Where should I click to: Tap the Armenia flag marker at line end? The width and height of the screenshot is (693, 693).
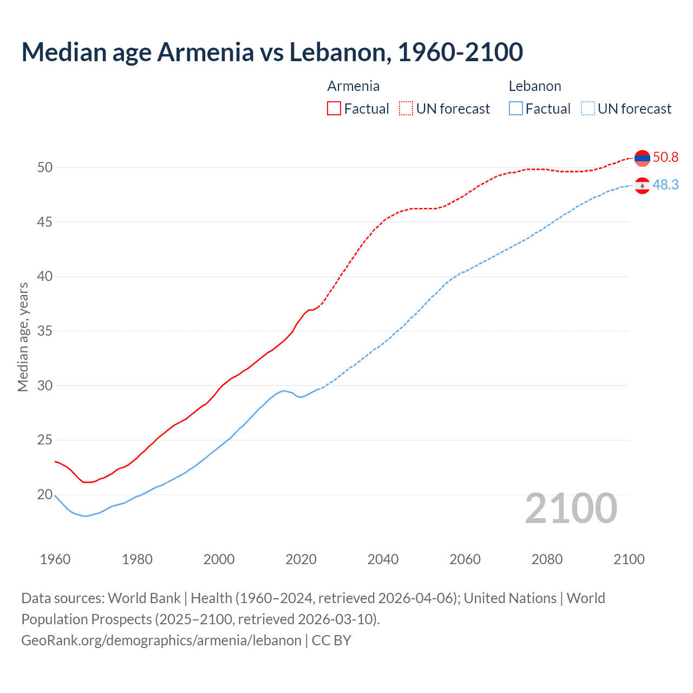pos(642,158)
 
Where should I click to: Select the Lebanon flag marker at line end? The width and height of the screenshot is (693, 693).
pos(642,186)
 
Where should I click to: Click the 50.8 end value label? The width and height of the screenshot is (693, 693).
pos(665,158)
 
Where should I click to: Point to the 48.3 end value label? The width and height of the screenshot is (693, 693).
pos(665,185)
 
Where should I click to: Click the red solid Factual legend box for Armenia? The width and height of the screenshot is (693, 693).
pos(334,109)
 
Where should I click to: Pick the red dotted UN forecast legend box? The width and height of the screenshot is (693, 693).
pos(406,109)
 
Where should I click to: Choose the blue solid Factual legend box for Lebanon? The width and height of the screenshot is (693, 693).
pos(516,109)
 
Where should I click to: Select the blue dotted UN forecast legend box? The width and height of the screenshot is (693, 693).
pos(588,109)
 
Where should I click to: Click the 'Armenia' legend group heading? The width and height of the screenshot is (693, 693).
pos(353,86)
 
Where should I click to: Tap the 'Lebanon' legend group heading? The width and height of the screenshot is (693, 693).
pos(534,86)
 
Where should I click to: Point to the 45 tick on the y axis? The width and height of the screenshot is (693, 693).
pos(45,222)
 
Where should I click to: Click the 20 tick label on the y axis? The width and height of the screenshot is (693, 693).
pos(45,494)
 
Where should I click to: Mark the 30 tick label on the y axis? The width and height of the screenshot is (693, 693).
pos(45,385)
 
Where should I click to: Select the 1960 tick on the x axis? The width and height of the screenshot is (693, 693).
pos(55,559)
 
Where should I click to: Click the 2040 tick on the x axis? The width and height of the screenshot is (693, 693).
pos(383,559)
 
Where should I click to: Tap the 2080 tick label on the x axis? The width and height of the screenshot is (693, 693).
pos(547,559)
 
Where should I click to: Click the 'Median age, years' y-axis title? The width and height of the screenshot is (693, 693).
pos(23,337)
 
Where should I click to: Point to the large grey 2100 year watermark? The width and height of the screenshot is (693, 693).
pos(571,508)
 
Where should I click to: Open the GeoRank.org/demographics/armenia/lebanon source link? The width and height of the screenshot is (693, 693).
pos(161,640)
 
